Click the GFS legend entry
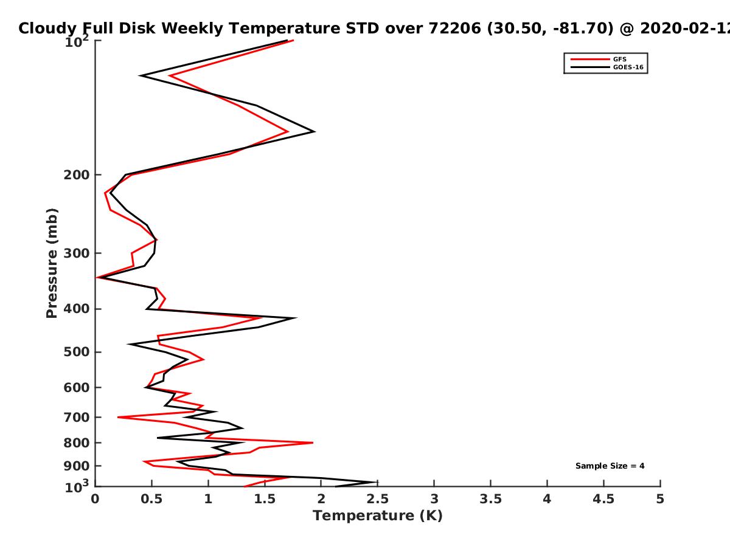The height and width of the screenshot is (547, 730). [619, 59]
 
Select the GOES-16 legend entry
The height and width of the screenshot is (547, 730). [628, 67]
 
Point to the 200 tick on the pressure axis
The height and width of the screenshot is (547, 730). [77, 174]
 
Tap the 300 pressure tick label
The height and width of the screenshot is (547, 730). [77, 253]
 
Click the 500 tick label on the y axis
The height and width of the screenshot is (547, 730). [77, 352]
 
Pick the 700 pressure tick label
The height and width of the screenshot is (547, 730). [77, 417]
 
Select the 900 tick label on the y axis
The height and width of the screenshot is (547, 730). [77, 466]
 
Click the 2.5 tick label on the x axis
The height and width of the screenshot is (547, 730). [378, 499]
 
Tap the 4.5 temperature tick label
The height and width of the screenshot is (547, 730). [603, 499]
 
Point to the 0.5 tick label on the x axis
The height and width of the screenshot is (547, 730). [151, 499]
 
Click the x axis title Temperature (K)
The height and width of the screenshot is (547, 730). [378, 516]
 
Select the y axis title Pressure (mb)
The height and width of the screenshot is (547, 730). [52, 263]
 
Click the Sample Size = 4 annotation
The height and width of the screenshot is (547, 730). [610, 466]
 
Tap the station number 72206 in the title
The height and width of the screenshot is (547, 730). [454, 28]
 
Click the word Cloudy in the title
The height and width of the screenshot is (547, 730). [47, 29]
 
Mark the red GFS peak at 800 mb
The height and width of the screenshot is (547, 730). [313, 442]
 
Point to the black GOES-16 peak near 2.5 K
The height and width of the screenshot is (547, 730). [376, 482]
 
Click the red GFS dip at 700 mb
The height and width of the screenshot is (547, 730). [118, 417]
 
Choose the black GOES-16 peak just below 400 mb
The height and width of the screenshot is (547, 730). [296, 318]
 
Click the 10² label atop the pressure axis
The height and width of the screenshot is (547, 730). [77, 41]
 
